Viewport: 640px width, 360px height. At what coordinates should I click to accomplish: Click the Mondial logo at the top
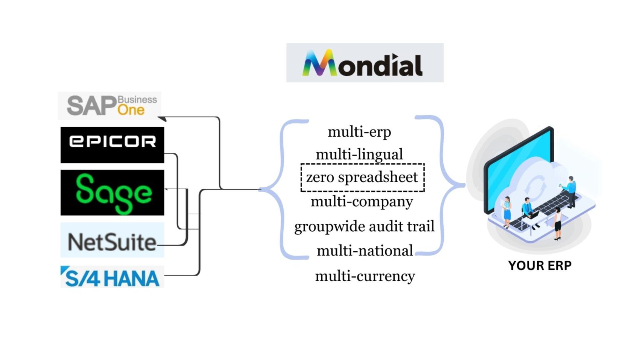tap(365, 63)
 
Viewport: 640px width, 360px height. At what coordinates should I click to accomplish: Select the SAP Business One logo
tap(110, 105)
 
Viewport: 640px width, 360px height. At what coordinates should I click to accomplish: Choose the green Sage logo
tap(112, 192)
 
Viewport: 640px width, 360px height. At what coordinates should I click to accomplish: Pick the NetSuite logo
tap(112, 240)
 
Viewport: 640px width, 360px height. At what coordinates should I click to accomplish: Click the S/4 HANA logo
tap(112, 277)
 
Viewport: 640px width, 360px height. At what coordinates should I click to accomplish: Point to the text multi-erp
tap(359, 132)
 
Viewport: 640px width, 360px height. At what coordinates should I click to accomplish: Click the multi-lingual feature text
tap(359, 155)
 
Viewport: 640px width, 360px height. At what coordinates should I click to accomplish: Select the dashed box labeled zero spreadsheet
tap(362, 177)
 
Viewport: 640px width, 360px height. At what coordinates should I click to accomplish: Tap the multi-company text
tap(362, 202)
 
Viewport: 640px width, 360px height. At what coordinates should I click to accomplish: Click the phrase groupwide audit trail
tap(364, 226)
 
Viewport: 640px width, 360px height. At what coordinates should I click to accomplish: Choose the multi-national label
tap(365, 251)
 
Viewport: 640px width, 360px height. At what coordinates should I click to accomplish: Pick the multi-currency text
tap(365, 276)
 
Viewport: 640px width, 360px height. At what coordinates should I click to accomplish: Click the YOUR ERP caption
tap(540, 265)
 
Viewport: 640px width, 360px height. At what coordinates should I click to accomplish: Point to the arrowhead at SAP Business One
tap(162, 118)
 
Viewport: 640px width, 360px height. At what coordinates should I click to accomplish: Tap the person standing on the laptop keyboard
tap(571, 191)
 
